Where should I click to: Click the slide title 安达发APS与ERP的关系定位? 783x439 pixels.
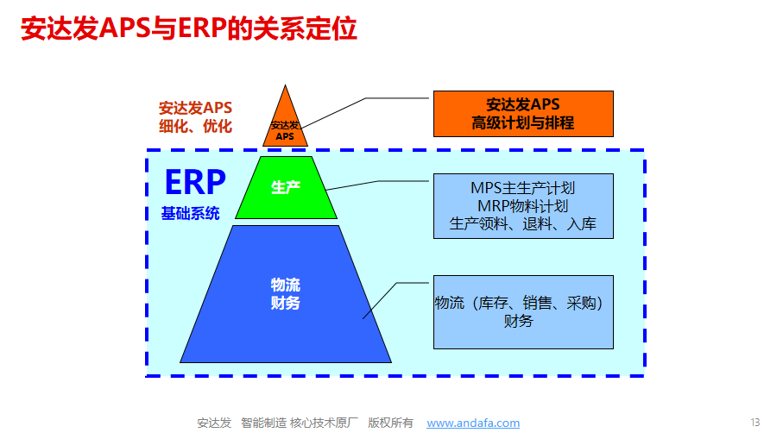[x=189, y=28]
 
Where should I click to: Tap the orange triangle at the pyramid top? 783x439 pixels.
[x=285, y=125]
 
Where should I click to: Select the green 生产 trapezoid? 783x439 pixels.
[x=286, y=187]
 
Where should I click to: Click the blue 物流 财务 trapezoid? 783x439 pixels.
[x=286, y=294]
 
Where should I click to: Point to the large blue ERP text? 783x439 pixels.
[x=195, y=182]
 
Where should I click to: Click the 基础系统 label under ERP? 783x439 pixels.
[x=190, y=214]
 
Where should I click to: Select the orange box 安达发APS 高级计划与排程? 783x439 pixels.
[x=523, y=114]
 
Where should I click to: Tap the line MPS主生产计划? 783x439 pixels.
[x=523, y=188]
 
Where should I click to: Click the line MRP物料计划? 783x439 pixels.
[x=523, y=206]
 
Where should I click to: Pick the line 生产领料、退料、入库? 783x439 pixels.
[x=523, y=223]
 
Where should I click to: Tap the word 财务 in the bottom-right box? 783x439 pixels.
[x=518, y=321]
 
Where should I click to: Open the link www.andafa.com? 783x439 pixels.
[x=473, y=423]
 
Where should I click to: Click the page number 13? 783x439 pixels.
[x=755, y=423]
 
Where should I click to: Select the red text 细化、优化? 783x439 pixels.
[x=196, y=126]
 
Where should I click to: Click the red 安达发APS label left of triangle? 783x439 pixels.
[x=196, y=108]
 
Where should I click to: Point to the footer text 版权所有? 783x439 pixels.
[x=390, y=423]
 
